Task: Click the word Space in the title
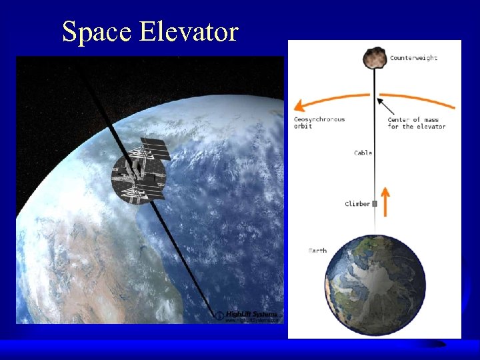tap(97, 31)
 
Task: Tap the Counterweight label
tap(413, 58)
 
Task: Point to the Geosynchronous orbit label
tap(319, 123)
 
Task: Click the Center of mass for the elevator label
tap(416, 123)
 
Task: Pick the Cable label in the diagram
tap(363, 153)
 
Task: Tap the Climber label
tap(357, 203)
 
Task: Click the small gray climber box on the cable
tap(375, 203)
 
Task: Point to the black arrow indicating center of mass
tap(387, 107)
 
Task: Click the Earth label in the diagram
tap(317, 251)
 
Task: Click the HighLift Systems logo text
tap(251, 314)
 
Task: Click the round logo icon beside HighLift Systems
tap(218, 315)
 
